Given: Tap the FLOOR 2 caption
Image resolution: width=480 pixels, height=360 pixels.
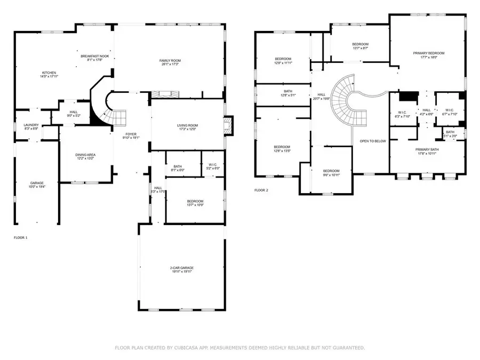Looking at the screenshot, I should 261,190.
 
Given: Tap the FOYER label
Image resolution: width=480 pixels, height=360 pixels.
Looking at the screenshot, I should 131,135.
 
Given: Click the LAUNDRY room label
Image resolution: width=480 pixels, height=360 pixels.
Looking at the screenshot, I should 31,127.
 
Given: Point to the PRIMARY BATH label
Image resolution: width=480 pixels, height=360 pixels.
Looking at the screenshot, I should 427,151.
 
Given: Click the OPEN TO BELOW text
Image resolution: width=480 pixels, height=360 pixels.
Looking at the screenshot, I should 373,141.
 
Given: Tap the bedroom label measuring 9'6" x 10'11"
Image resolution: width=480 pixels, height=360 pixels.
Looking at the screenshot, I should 331,173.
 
